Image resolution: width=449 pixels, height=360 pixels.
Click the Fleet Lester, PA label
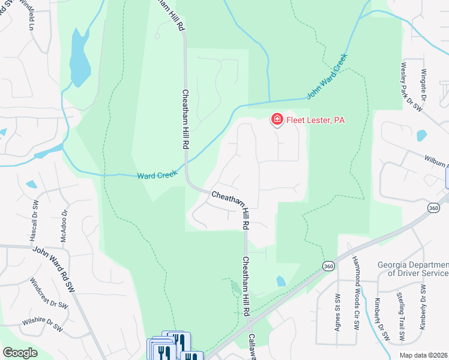315,120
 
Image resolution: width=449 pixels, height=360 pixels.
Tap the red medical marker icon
277,120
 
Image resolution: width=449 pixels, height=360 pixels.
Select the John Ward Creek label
327,83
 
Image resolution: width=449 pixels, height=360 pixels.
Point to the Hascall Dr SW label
34,220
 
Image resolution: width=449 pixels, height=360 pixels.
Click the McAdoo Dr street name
64,225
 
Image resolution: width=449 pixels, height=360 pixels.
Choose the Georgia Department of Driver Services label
414,269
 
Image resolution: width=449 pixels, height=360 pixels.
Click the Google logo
20,353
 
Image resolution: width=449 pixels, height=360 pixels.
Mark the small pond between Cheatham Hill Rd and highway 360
281,281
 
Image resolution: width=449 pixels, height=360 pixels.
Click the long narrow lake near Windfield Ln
79,57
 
